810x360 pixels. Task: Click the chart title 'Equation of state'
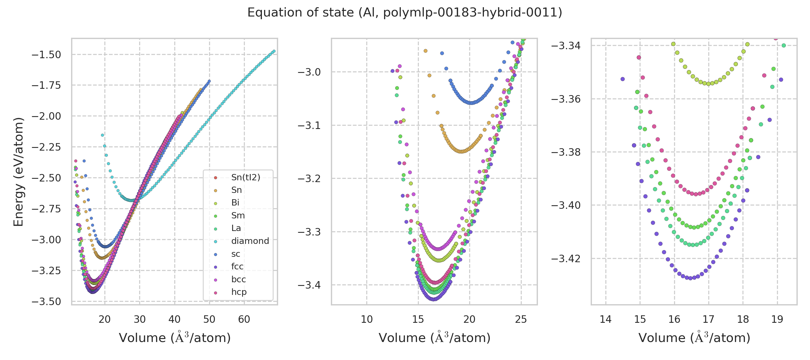[x=404, y=13]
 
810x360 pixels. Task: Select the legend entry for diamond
[x=250, y=241]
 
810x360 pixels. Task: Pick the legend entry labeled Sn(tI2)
[x=246, y=177]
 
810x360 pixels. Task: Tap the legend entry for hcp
[x=239, y=292]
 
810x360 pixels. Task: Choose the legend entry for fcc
[x=237, y=266]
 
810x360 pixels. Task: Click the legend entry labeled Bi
[x=235, y=202]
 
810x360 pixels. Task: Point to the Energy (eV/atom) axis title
[x=18, y=172]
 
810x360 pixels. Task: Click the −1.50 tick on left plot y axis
[x=46, y=55]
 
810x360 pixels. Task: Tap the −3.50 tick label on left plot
[x=46, y=301]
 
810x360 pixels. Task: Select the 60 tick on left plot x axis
[x=244, y=319]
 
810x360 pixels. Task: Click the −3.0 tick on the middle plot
[x=309, y=72]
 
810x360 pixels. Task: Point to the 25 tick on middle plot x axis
[x=521, y=319]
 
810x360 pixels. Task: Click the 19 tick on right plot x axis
[x=777, y=319]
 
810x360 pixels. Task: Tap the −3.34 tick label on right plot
[x=566, y=46]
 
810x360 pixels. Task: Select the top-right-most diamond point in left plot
[x=274, y=51]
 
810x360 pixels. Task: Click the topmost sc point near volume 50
[x=209, y=81]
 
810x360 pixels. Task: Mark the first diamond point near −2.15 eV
[x=103, y=135]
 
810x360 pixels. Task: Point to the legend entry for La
[x=236, y=228]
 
